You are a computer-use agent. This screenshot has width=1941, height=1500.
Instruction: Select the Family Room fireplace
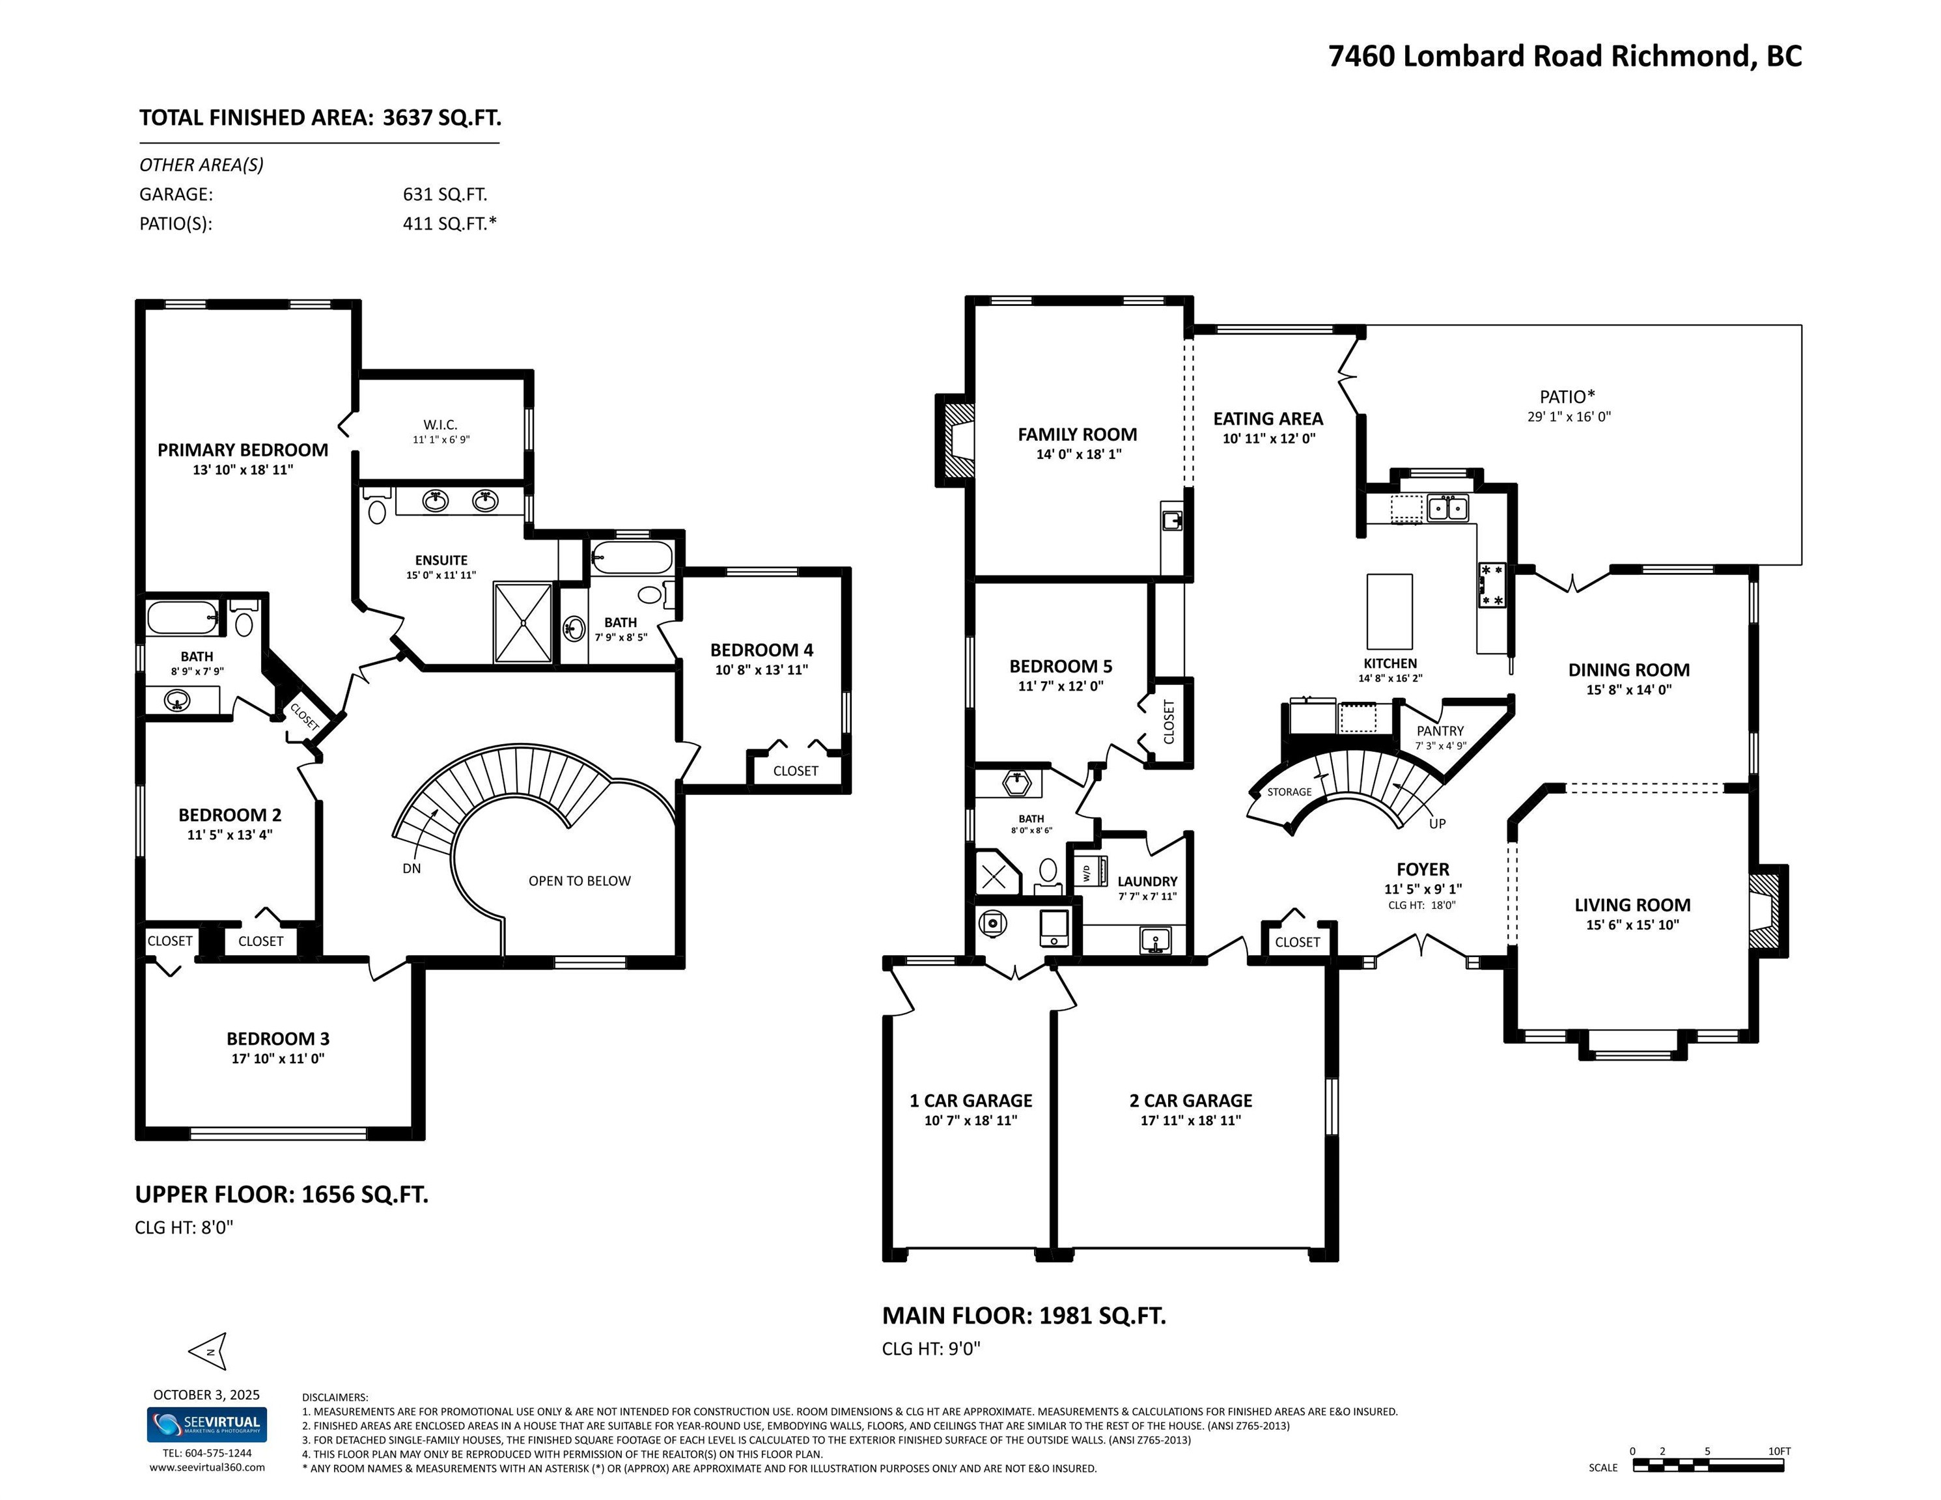tap(955, 440)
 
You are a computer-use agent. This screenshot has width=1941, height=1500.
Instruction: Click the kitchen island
tap(1389, 611)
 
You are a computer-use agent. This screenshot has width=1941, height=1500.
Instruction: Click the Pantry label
tap(1440, 730)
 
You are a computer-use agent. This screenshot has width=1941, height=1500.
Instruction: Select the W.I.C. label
tap(440, 424)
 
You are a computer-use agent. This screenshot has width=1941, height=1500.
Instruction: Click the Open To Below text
tap(580, 881)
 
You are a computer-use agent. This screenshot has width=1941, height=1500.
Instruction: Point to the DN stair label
tap(412, 868)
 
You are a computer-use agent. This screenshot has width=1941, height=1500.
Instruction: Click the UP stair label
tap(1437, 823)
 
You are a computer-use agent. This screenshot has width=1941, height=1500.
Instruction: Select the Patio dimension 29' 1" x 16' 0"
tap(1569, 417)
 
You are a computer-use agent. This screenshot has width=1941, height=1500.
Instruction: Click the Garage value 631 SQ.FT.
tap(444, 194)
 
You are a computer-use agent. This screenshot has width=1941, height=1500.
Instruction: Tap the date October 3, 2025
tap(206, 1395)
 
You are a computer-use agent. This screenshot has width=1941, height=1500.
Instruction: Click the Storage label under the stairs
tap(1289, 792)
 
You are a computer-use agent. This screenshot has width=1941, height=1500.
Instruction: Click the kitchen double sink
tap(1447, 507)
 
